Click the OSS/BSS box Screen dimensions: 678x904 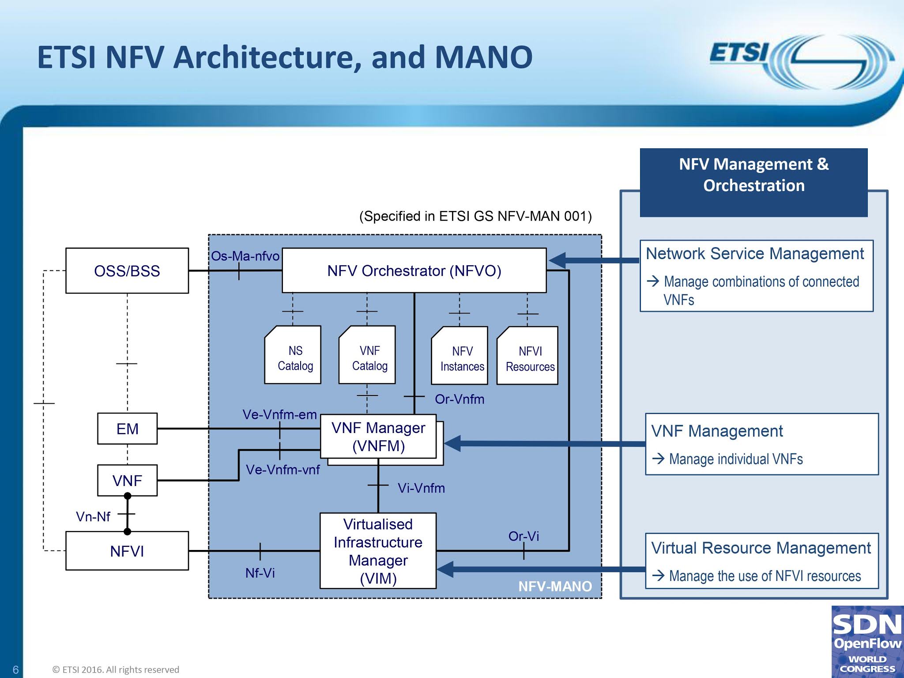(127, 271)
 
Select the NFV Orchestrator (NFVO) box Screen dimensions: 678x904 (414, 271)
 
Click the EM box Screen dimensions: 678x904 (127, 429)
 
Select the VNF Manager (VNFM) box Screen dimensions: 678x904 (378, 437)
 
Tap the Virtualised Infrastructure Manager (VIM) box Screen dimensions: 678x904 (378, 551)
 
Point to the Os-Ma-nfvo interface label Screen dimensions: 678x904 (245, 256)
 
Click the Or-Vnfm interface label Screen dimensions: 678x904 (460, 399)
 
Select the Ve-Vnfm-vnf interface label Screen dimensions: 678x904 (282, 470)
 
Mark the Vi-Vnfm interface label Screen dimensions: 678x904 (421, 488)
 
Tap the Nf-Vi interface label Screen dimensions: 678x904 (260, 573)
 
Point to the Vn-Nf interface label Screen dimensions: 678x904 (93, 516)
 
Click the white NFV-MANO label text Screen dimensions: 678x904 (555, 586)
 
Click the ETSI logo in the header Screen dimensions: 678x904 (799, 62)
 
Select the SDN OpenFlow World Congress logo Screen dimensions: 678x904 (867, 642)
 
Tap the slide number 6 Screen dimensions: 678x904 (15, 670)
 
